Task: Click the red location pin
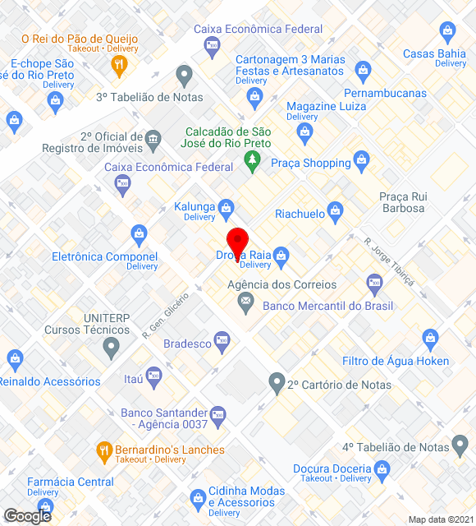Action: click(x=237, y=243)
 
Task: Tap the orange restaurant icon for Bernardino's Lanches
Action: click(x=104, y=450)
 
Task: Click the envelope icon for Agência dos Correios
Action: click(x=245, y=303)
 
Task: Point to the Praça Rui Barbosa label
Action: click(x=402, y=202)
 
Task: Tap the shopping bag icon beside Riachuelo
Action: click(x=335, y=213)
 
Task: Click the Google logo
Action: click(x=27, y=515)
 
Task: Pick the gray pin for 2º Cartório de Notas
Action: click(x=277, y=382)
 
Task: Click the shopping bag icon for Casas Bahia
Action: click(x=448, y=34)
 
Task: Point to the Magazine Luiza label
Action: click(x=326, y=106)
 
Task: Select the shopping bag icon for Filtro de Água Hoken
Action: click(x=430, y=339)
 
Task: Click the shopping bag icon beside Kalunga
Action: click(x=226, y=206)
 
